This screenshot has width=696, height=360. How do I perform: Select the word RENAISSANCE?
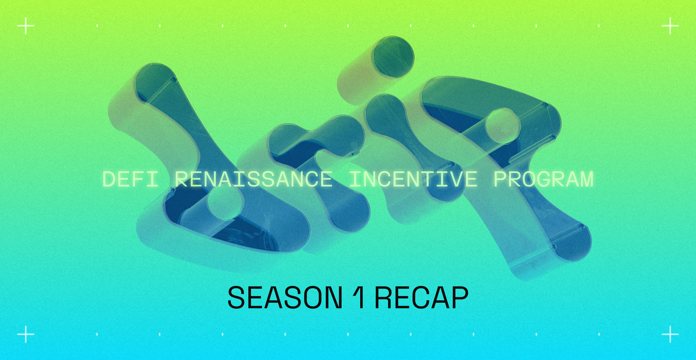click(x=253, y=179)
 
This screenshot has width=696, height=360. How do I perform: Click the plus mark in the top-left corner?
click(x=26, y=27)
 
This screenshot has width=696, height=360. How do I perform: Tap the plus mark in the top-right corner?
click(x=670, y=27)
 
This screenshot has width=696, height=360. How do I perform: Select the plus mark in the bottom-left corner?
click(x=26, y=334)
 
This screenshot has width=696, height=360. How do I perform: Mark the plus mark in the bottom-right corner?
click(x=670, y=334)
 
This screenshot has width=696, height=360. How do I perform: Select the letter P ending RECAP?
click(x=460, y=298)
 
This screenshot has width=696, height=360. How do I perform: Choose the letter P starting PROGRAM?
click(x=501, y=179)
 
